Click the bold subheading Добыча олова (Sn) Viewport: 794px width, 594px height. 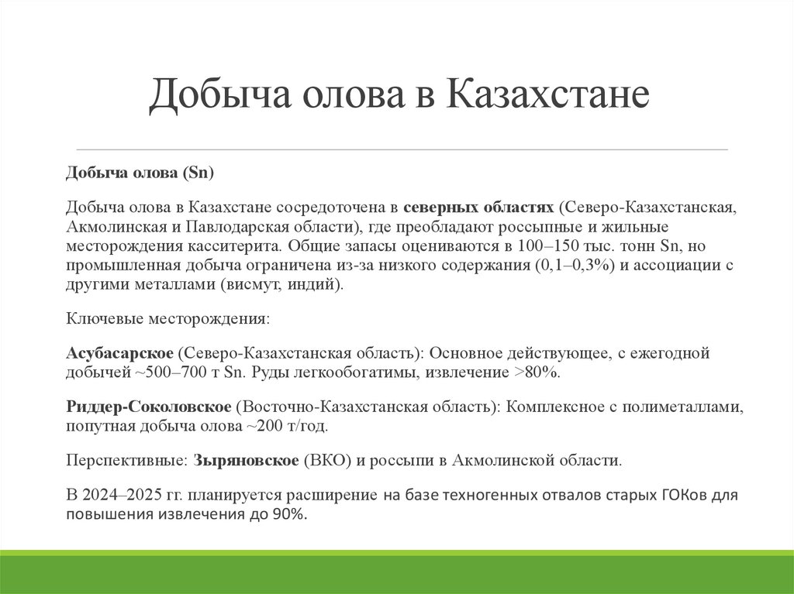pos(139,172)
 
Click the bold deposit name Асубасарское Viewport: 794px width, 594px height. pos(119,353)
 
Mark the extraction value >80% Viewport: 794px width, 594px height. pos(537,372)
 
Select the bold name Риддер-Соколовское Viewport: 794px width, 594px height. pos(148,407)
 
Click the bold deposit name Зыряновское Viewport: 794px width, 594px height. pos(247,460)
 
